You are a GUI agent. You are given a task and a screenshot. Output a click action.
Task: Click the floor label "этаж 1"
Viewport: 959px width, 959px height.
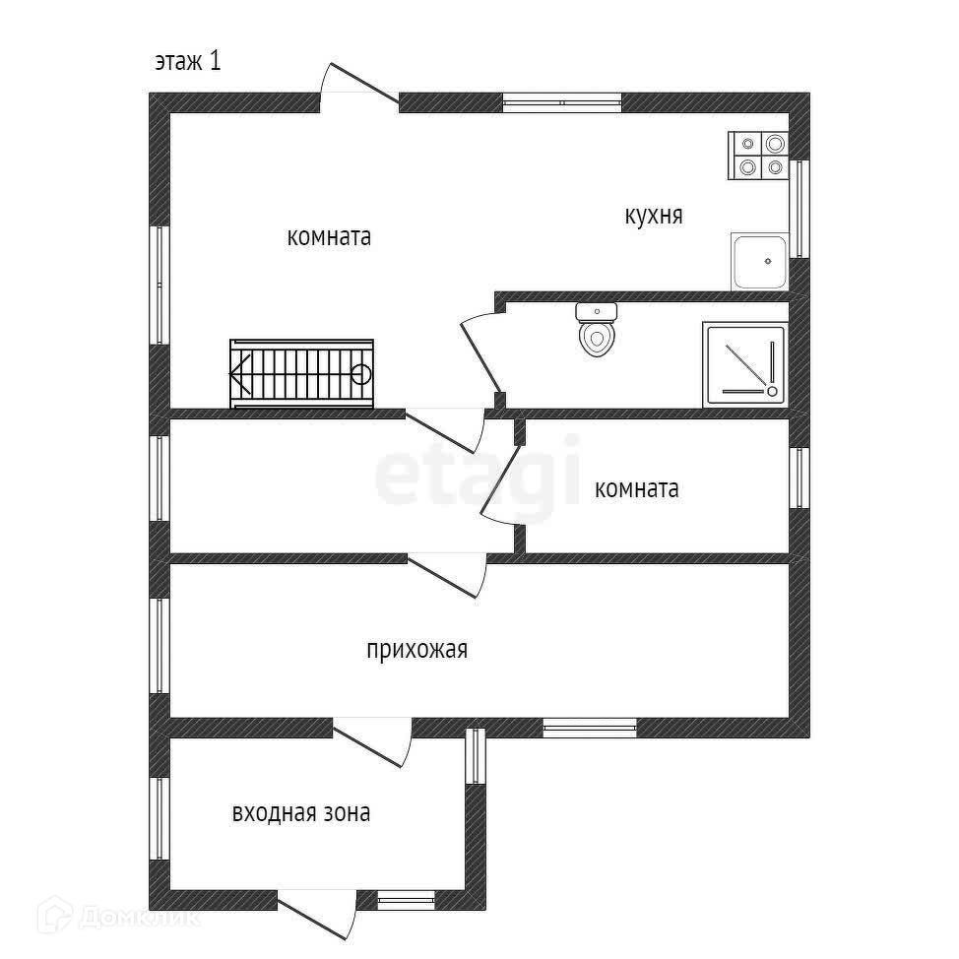pos(187,61)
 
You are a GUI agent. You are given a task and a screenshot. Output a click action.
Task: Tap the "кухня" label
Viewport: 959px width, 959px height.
pos(653,216)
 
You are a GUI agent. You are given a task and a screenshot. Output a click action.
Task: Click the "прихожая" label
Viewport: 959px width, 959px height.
pos(416,650)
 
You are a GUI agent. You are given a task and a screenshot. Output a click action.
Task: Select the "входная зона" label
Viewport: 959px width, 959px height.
pos(301,813)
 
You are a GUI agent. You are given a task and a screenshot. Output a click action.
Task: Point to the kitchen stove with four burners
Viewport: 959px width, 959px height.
pos(758,156)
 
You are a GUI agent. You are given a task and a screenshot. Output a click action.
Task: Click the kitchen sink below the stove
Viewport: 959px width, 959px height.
pos(759,261)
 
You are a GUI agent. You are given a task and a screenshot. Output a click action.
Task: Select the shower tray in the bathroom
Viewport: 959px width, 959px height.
pos(745,364)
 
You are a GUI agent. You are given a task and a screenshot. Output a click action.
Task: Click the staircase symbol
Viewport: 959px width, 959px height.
pos(301,373)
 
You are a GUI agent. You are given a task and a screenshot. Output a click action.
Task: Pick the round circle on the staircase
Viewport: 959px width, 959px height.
pos(361,373)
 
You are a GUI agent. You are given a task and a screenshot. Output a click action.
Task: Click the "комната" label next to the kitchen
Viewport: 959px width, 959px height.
pos(329,237)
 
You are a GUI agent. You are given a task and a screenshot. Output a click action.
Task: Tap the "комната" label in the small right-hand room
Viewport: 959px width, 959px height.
pos(636,489)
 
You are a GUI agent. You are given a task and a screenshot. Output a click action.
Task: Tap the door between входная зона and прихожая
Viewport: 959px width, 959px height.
pos(374,740)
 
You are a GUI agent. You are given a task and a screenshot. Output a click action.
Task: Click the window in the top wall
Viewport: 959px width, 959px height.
pos(561,100)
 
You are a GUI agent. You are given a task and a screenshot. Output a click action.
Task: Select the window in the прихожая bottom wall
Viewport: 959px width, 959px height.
pos(590,728)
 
